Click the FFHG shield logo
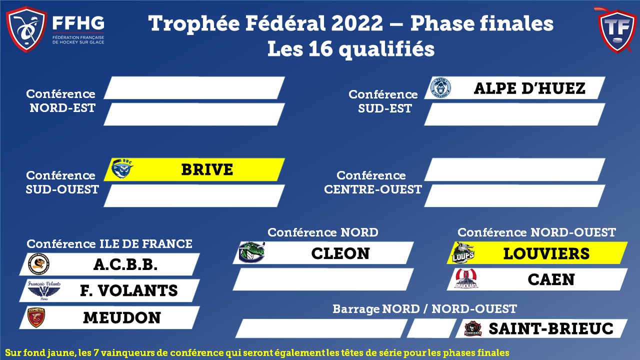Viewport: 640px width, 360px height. point(26,29)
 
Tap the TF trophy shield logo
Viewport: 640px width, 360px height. point(617,30)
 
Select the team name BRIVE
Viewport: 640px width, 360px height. point(207,169)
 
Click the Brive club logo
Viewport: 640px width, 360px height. point(122,169)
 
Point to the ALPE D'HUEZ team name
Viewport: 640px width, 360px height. point(529,88)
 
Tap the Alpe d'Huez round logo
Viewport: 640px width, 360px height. point(440,87)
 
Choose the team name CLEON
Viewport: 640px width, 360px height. point(340,253)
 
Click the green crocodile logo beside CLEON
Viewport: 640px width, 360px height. point(251,252)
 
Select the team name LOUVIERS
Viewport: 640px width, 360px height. point(546,253)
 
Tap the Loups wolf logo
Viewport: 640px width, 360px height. point(463,252)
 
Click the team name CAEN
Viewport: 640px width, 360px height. point(551,279)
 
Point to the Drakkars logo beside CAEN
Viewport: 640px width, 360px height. point(466,278)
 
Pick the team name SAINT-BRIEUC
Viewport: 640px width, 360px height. point(551,328)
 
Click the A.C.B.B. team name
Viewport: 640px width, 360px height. point(125,264)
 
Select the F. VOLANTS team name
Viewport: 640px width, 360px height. point(129,290)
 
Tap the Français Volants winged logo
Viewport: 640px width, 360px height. point(44,290)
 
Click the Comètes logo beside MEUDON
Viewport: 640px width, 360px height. point(36,317)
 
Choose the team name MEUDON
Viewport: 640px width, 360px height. point(122,317)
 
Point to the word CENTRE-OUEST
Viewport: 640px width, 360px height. point(373,189)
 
